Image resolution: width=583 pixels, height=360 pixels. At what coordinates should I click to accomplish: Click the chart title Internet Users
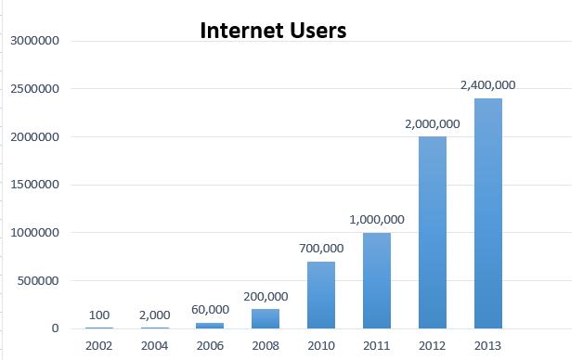click(x=273, y=31)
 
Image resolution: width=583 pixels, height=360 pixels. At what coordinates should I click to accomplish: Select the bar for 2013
click(x=487, y=213)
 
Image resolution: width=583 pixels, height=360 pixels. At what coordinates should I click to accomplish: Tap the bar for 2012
click(x=432, y=232)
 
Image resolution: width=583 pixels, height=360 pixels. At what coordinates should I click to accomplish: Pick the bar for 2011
click(x=376, y=280)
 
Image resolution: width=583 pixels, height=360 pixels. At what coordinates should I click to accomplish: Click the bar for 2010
click(x=320, y=295)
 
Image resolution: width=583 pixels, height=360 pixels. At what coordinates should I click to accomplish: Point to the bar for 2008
click(x=265, y=318)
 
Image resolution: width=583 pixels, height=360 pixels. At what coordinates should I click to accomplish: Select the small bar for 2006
click(x=209, y=326)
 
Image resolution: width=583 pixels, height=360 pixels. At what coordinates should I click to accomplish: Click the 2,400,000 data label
click(x=487, y=84)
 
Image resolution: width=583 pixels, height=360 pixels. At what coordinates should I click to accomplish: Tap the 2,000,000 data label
click(x=432, y=123)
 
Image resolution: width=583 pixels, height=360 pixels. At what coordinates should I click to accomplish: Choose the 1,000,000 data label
click(x=376, y=219)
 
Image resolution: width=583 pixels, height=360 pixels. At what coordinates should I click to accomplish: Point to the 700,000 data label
click(x=320, y=248)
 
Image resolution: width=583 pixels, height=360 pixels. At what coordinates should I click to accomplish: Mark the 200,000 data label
click(x=265, y=295)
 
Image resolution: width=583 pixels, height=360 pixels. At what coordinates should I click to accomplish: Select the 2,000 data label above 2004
click(x=153, y=315)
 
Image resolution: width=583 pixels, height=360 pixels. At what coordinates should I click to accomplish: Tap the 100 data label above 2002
click(x=98, y=315)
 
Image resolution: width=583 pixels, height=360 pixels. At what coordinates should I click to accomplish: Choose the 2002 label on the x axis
click(x=98, y=345)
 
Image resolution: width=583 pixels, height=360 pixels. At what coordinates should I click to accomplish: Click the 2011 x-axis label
click(x=376, y=345)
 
